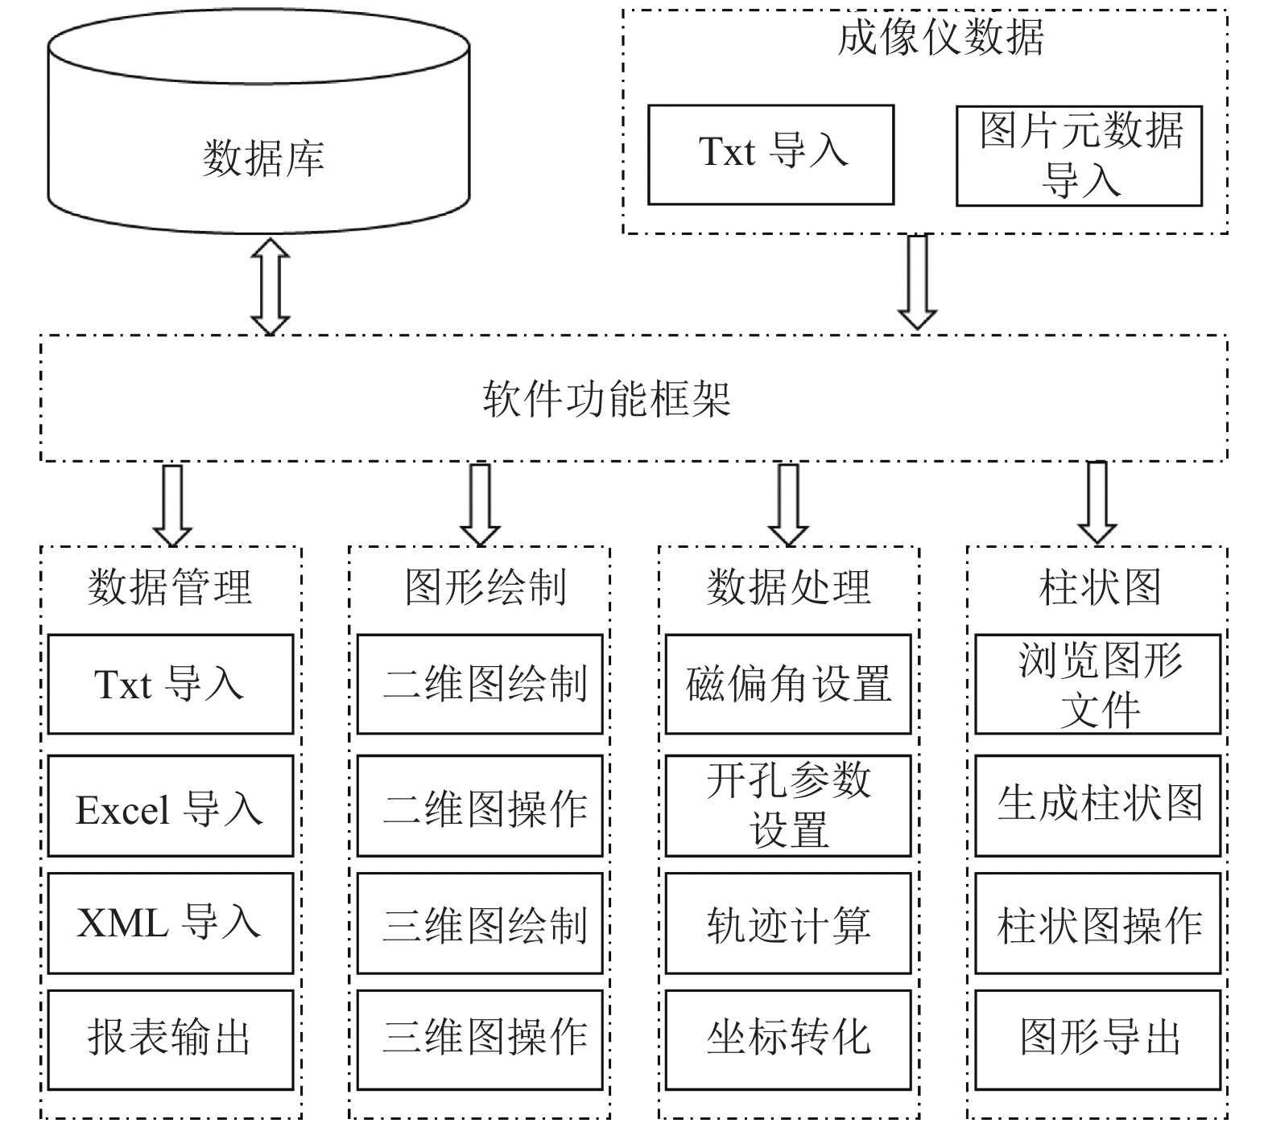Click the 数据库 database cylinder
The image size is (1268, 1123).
click(x=258, y=121)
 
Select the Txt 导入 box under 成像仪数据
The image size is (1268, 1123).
click(x=771, y=154)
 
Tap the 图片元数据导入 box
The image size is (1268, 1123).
click(x=1079, y=155)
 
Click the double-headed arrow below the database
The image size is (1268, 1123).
click(x=271, y=286)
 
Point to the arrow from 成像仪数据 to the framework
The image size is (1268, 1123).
click(x=917, y=282)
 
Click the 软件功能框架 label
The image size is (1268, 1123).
click(x=607, y=398)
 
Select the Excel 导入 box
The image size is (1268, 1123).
click(x=171, y=806)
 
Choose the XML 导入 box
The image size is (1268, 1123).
click(x=171, y=923)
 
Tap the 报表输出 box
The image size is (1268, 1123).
click(x=171, y=1040)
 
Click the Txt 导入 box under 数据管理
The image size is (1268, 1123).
click(x=171, y=685)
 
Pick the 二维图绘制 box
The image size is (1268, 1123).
click(x=480, y=685)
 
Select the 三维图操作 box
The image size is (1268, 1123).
click(x=480, y=1040)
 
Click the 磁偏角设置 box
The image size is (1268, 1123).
click(x=788, y=685)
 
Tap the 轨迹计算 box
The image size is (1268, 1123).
click(x=788, y=923)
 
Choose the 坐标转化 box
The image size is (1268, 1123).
click(x=788, y=1040)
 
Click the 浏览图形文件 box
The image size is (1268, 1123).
click(x=1098, y=685)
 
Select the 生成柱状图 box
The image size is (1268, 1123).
click(x=1098, y=806)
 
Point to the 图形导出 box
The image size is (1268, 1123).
click(x=1098, y=1040)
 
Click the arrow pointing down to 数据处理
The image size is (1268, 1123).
click(x=788, y=505)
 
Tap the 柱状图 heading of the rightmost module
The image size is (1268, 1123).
click(x=1100, y=587)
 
